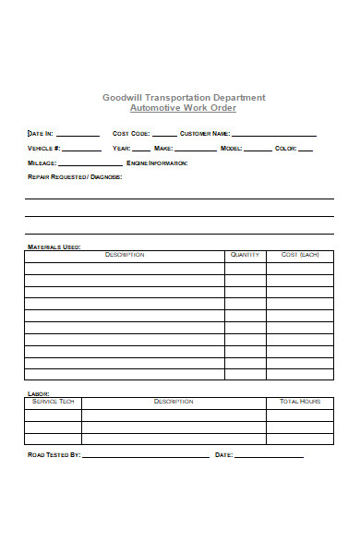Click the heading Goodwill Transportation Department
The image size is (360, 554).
pyautogui.click(x=184, y=97)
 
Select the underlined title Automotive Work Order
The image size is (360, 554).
pyautogui.click(x=184, y=108)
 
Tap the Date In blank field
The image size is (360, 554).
pyautogui.click(x=78, y=134)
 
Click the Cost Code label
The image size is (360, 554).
pyautogui.click(x=131, y=134)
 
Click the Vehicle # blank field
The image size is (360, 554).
pyautogui.click(x=82, y=148)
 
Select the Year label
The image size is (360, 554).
pyautogui.click(x=121, y=149)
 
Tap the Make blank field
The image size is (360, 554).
pyautogui.click(x=196, y=148)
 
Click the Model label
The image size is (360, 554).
pyautogui.click(x=231, y=149)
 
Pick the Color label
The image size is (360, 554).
pyautogui.click(x=285, y=149)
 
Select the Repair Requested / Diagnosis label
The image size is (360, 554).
pyautogui.click(x=75, y=177)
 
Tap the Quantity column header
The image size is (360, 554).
pyautogui.click(x=245, y=255)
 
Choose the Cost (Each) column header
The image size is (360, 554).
pyautogui.click(x=300, y=255)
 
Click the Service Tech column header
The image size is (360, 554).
pyautogui.click(x=53, y=402)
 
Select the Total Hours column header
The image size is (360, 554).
pyautogui.click(x=300, y=402)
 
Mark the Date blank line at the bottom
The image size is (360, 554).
pyautogui.click(x=269, y=455)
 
